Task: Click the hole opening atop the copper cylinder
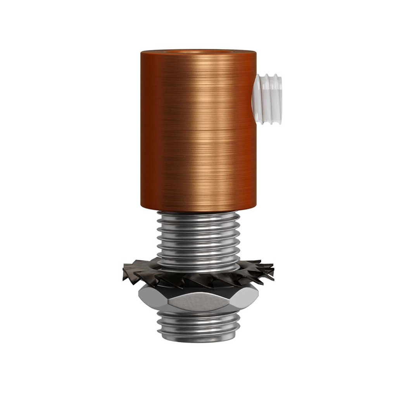point(198,50)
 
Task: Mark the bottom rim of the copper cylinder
point(198,210)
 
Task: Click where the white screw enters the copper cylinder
point(257,98)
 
